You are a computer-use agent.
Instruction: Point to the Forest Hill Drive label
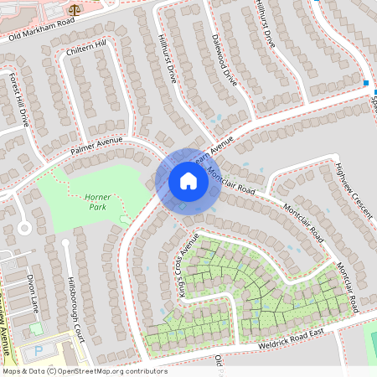point(19,99)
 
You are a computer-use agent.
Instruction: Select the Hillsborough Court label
point(76,298)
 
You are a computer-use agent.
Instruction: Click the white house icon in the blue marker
point(188,181)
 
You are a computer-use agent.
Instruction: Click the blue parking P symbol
point(37,351)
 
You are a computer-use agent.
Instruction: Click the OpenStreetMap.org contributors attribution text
point(109,371)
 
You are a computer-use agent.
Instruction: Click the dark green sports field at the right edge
point(372,343)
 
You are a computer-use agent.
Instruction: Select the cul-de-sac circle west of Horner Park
point(24,227)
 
